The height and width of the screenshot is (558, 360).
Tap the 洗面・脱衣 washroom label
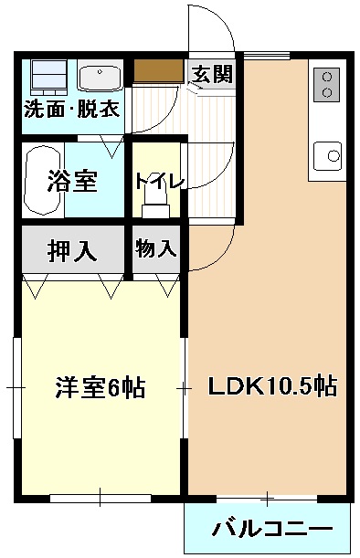tap(71, 111)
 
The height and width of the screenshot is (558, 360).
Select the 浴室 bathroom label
tap(72, 181)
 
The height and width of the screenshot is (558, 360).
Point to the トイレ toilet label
tap(159, 180)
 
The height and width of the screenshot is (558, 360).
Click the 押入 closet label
tap(72, 249)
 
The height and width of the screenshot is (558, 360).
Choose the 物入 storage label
tap(156, 248)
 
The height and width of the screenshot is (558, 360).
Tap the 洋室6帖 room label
tap(101, 387)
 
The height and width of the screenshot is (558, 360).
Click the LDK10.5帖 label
tap(271, 386)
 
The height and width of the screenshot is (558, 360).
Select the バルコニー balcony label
tap(272, 529)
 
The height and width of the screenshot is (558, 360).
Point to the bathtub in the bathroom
tap(42, 180)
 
